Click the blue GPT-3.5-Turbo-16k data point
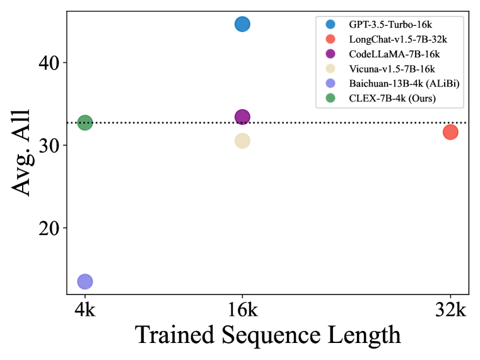tap(242, 24)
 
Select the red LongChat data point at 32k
tap(450, 132)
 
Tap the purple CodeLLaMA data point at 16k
tap(242, 117)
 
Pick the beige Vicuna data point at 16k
tap(242, 141)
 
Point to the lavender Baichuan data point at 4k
tap(85, 281)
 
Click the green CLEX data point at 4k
tap(85, 122)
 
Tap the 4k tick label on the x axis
tap(85, 310)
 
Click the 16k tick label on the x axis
tap(242, 310)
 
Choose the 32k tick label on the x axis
tap(450, 310)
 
